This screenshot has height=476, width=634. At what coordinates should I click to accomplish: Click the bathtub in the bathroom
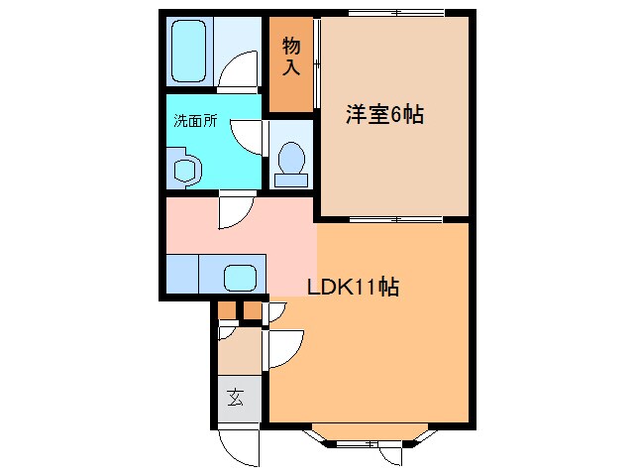pyautogui.click(x=189, y=51)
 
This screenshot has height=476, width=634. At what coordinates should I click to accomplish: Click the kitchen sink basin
pyautogui.click(x=239, y=276)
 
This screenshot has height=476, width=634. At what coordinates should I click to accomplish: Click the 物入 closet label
pyautogui.click(x=291, y=58)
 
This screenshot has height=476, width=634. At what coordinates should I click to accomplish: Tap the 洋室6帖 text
pyautogui.click(x=384, y=115)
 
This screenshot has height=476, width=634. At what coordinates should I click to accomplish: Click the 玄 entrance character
pyautogui.click(x=236, y=399)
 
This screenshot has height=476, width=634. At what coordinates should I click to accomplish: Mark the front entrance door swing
pyautogui.click(x=238, y=443)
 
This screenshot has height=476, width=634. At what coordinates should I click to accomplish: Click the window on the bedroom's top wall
pyautogui.click(x=395, y=14)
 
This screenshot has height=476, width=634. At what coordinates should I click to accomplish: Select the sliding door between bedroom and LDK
pyautogui.click(x=393, y=218)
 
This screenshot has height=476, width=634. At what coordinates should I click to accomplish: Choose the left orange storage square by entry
pyautogui.click(x=227, y=311)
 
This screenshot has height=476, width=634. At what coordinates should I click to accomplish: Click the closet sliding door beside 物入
pyautogui.click(x=317, y=61)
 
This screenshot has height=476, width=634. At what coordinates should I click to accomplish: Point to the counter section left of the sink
pyautogui.click(x=182, y=274)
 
